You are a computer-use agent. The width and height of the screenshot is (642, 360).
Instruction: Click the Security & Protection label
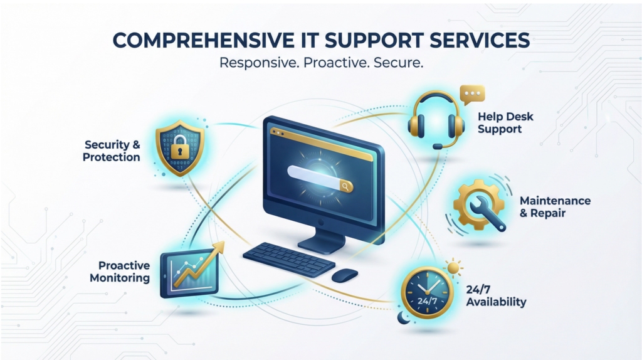click(x=112, y=151)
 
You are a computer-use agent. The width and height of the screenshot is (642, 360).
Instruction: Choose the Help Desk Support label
click(x=500, y=123)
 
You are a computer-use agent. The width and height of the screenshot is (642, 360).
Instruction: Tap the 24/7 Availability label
click(x=496, y=296)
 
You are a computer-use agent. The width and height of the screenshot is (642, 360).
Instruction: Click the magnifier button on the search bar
click(x=345, y=186)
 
